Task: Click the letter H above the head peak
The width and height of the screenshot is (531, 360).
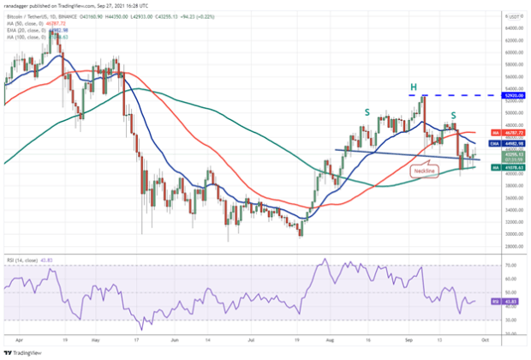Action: click(414, 87)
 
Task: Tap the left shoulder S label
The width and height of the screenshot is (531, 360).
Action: click(368, 111)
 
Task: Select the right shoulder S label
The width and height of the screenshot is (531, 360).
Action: click(453, 115)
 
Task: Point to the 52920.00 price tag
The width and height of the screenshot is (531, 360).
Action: click(512, 96)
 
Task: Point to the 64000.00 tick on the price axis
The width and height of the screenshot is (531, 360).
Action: click(511, 27)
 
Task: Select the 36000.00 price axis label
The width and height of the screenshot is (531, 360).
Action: click(511, 197)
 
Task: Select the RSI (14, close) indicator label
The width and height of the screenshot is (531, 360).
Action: click(24, 257)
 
